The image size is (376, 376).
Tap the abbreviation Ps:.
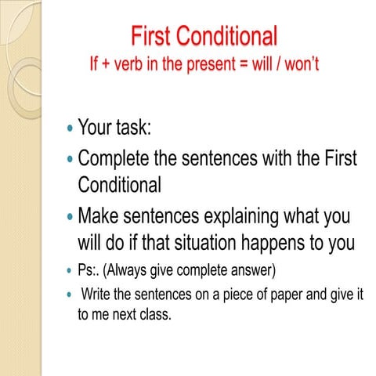tap(87, 270)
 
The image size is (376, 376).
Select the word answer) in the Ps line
tap(253, 270)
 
